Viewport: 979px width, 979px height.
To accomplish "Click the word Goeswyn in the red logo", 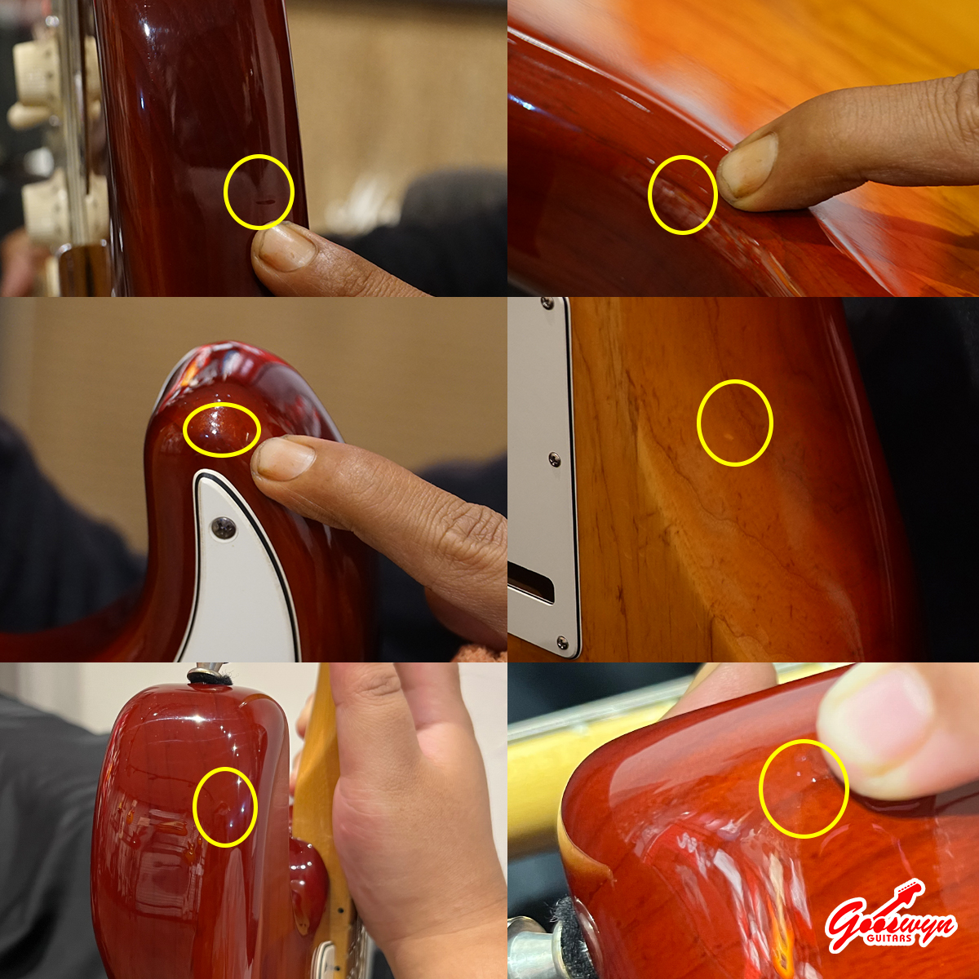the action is coord(890,923).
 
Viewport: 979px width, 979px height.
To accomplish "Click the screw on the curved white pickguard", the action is coord(224,529).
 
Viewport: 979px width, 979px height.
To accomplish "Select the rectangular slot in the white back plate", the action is coord(531,583).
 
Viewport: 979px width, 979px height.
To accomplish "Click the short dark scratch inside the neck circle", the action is coord(264,202).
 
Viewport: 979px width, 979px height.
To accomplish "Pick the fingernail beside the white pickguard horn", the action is coord(286,458).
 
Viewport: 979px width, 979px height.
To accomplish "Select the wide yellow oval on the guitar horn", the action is coord(222,430).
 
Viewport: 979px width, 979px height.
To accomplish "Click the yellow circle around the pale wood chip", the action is coord(734,422).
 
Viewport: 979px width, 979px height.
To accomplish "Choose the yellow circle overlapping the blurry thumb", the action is coord(804,788).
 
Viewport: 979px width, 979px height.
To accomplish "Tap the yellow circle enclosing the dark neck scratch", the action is coord(259,192).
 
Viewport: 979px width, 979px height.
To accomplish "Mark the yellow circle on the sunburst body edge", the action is coord(682,195).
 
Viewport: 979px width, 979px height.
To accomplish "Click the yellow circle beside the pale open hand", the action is coord(225,807).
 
